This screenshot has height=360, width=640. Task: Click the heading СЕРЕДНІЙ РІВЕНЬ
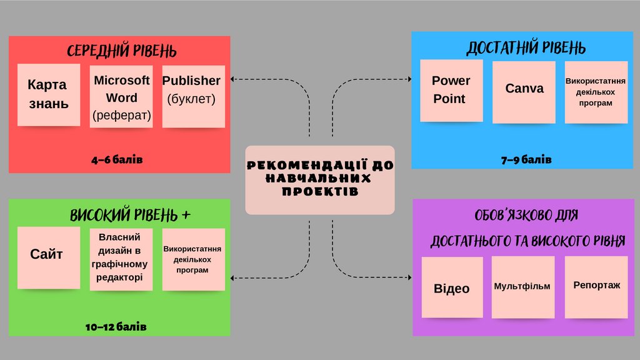pyautogui.click(x=121, y=51)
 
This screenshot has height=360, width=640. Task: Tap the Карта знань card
pyautogui.click(x=49, y=94)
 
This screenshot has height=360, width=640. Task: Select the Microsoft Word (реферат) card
pyautogui.click(x=121, y=97)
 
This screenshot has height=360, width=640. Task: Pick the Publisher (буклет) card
pyautogui.click(x=193, y=96)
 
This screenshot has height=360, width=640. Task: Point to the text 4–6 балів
pyautogui.click(x=117, y=160)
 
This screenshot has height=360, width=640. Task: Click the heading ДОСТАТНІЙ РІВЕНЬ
pyautogui.click(x=526, y=48)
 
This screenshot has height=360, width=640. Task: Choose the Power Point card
pyautogui.click(x=451, y=90)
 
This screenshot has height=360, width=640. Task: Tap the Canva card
pyautogui.click(x=524, y=91)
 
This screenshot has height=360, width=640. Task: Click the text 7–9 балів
pyautogui.click(x=526, y=160)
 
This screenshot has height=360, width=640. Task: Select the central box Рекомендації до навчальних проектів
pyautogui.click(x=320, y=179)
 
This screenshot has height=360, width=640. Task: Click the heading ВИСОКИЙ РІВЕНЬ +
pyautogui.click(x=130, y=216)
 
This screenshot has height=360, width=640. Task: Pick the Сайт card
pyautogui.click(x=48, y=257)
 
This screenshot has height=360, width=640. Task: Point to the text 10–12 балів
pyautogui.click(x=116, y=327)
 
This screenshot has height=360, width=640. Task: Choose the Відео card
pyautogui.click(x=451, y=288)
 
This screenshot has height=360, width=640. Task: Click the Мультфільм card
pyautogui.click(x=523, y=287)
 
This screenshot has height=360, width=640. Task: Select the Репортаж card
pyautogui.click(x=596, y=286)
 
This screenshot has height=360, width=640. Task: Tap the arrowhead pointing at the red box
pyautogui.click(x=232, y=79)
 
